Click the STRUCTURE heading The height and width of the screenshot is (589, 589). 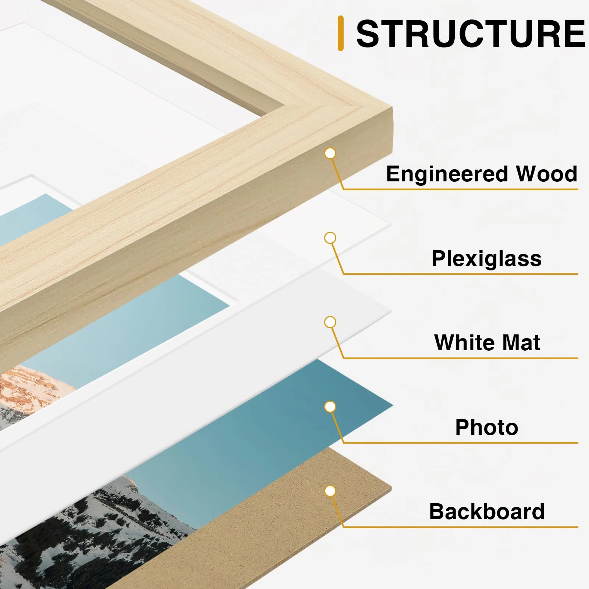click(x=470, y=34)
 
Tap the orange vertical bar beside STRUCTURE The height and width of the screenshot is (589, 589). click(x=340, y=33)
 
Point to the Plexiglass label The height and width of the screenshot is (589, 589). click(x=486, y=258)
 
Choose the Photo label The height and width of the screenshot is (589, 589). click(x=486, y=427)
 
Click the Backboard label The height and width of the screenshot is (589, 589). click(x=486, y=511)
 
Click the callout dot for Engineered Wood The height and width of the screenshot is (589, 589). click(x=330, y=153)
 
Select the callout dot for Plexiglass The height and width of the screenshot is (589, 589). click(x=330, y=238)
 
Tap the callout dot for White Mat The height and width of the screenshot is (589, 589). click(x=330, y=322)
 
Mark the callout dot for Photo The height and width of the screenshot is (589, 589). click(x=330, y=407)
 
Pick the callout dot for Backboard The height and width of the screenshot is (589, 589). click(x=330, y=491)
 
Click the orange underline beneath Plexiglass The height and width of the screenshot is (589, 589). click(x=460, y=274)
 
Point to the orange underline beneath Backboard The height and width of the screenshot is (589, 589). click(x=460, y=527)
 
